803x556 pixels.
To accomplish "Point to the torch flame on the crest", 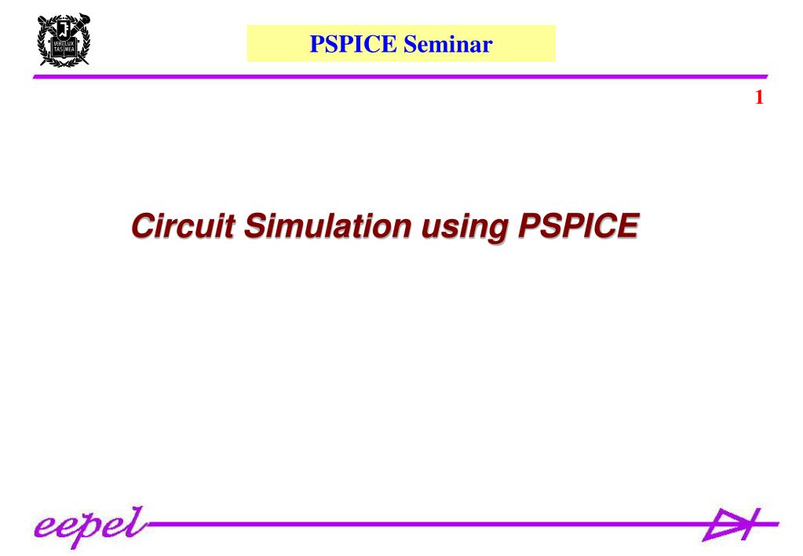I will point(64,18).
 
